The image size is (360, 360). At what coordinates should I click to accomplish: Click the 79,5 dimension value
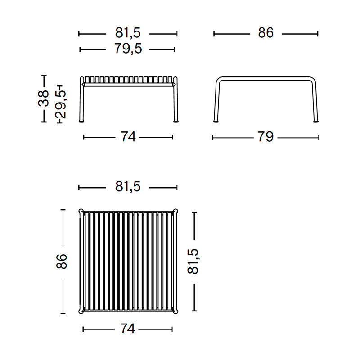click(x=128, y=49)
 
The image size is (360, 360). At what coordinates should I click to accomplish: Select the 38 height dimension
click(x=44, y=98)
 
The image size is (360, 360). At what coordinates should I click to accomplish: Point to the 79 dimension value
click(x=265, y=137)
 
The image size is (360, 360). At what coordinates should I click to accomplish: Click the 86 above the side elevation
click(x=265, y=33)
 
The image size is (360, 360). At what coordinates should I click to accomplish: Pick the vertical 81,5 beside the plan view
click(x=193, y=261)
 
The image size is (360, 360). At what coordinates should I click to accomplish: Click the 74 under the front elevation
click(x=128, y=137)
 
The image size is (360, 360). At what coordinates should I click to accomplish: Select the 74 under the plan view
click(x=128, y=329)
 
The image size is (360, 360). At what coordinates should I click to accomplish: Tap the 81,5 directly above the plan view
click(x=128, y=187)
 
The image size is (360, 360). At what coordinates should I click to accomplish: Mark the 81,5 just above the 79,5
click(x=128, y=33)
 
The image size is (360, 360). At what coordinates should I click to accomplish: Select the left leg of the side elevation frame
click(x=216, y=103)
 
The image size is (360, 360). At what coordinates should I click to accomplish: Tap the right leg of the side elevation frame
click(x=316, y=103)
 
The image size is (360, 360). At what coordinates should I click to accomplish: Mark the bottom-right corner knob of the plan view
click(x=175, y=310)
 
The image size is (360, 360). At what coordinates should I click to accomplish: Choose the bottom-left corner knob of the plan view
click(x=81, y=310)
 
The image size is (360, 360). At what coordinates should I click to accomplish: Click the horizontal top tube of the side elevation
click(x=265, y=79)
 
